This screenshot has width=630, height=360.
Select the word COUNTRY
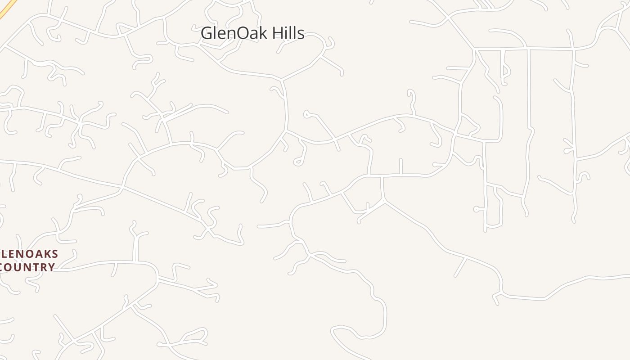[x=27, y=267]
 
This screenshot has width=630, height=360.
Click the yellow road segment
[x=8, y=9]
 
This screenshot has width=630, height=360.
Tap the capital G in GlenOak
[x=207, y=33]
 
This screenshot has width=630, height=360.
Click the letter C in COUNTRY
[x=2, y=267]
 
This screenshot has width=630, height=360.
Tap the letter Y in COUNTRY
[x=51, y=267]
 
